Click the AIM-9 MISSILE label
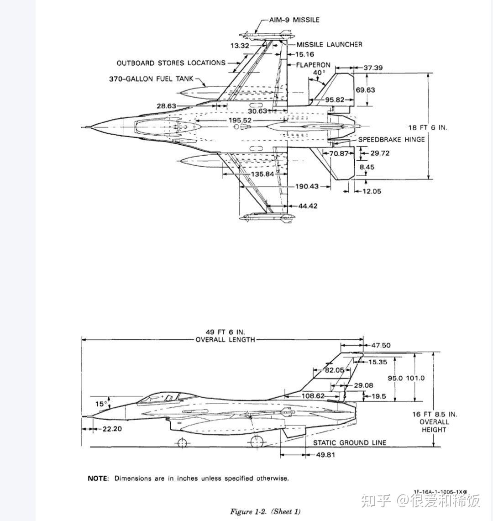[294, 20]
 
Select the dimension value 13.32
[240, 46]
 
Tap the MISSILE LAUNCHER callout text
[329, 45]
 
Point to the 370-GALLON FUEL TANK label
[151, 79]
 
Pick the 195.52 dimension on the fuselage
[240, 120]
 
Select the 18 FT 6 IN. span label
[428, 127]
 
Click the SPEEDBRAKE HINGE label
[391, 140]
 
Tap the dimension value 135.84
[262, 174]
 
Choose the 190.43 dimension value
[307, 186]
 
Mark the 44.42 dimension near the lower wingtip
[308, 206]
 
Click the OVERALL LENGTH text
[225, 340]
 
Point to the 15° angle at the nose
[101, 404]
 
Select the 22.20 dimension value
[112, 429]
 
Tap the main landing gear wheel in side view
[257, 442]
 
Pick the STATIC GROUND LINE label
[350, 442]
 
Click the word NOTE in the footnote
[98, 479]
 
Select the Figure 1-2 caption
[265, 511]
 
